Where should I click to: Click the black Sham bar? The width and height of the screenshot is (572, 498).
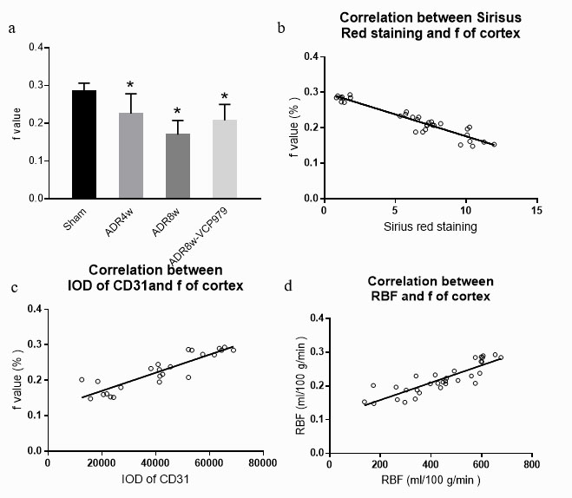(84, 144)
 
